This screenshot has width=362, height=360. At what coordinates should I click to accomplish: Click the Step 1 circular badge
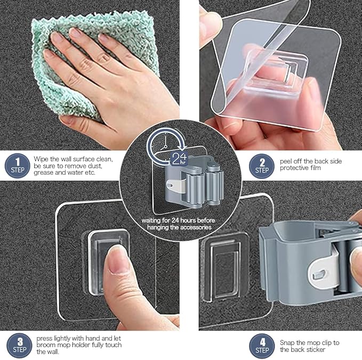[18, 165]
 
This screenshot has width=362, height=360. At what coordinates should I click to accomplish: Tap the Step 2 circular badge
[262, 165]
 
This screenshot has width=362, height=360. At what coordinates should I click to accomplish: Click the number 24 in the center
[179, 158]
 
